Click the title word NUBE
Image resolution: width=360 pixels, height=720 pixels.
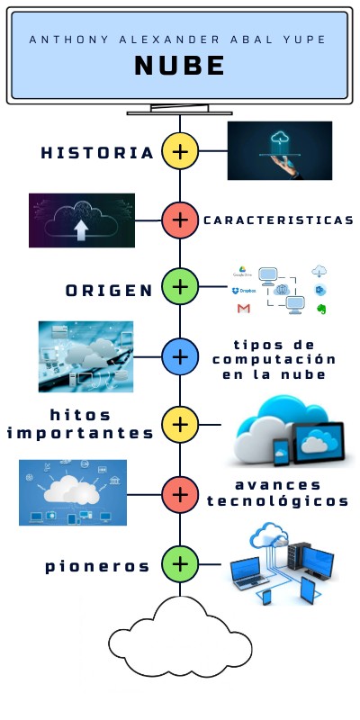pyautogui.click(x=179, y=66)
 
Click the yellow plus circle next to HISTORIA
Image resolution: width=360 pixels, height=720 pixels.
pyautogui.click(x=180, y=151)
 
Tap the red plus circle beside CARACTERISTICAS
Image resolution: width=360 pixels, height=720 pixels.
pyautogui.click(x=180, y=220)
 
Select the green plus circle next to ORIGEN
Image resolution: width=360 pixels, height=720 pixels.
pyautogui.click(x=180, y=286)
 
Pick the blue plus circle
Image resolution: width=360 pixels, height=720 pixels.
pyautogui.click(x=180, y=356)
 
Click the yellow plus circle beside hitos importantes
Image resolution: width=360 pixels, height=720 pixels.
pyautogui.click(x=180, y=425)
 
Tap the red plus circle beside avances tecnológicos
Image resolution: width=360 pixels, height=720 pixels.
pyautogui.click(x=180, y=495)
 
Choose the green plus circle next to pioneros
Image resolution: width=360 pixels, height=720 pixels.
pyautogui.click(x=180, y=564)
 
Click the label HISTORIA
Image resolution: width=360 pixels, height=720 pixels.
pyautogui.click(x=97, y=153)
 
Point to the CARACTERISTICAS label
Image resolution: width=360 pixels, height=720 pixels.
pyautogui.click(x=279, y=220)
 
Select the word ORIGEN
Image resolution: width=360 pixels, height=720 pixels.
pyautogui.click(x=109, y=290)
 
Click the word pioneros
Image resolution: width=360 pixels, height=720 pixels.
pyautogui.click(x=97, y=567)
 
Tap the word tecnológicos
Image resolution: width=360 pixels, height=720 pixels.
pyautogui.click(x=277, y=501)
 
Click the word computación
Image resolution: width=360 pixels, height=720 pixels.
pyautogui.click(x=274, y=359)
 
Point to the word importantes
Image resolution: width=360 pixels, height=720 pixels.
pyautogui.click(x=80, y=433)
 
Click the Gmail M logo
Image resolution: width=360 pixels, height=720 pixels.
pyautogui.click(x=243, y=309)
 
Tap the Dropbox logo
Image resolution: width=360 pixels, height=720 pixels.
pyautogui.click(x=244, y=291)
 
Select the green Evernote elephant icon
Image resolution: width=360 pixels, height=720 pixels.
pyautogui.click(x=321, y=309)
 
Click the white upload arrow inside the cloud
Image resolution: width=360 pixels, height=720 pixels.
pyautogui.click(x=81, y=229)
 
